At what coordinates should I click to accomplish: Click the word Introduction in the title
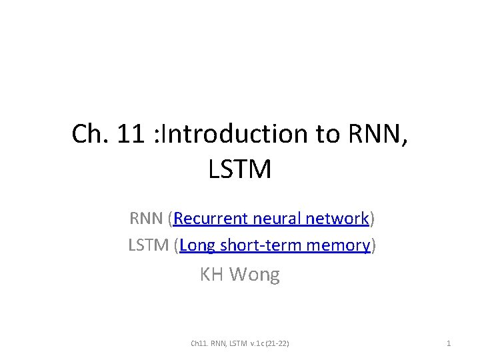pyautogui.click(x=231, y=134)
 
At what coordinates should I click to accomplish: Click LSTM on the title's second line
pyautogui.click(x=240, y=169)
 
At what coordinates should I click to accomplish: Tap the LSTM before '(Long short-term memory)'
pyautogui.click(x=148, y=245)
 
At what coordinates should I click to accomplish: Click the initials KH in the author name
pyautogui.click(x=211, y=274)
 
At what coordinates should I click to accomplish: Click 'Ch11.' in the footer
pyautogui.click(x=199, y=343)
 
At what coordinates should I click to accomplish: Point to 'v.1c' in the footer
pyautogui.click(x=257, y=343)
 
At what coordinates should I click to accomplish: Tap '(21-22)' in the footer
pyautogui.click(x=278, y=343)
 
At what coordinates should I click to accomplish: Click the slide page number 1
pyautogui.click(x=449, y=343)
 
